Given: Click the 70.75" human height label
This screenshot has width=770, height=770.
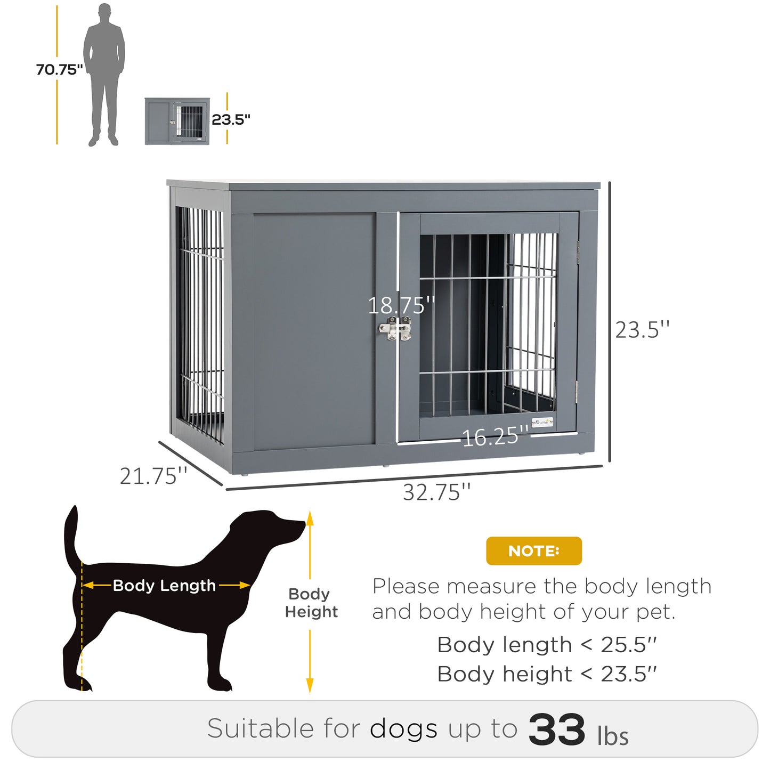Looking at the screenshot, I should point(59,69).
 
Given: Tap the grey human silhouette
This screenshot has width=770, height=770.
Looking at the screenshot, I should point(104,75).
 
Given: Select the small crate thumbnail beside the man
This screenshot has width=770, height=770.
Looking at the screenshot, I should point(177,121).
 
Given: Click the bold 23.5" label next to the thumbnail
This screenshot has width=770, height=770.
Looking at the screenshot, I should point(231,119).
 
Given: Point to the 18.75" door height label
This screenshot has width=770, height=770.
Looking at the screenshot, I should point(401,305).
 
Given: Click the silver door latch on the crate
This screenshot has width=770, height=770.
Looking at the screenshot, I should point(395,329).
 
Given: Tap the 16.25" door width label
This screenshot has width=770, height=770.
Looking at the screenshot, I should point(495,437).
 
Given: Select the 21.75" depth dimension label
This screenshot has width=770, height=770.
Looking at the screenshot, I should point(153,476).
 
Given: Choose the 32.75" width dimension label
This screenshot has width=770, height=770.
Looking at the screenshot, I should point(436,492).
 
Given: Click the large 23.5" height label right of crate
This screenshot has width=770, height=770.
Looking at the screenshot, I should point(642,330).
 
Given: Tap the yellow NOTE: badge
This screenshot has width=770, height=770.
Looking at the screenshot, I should point(533,550).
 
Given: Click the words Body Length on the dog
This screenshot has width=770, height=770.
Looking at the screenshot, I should point(164,586).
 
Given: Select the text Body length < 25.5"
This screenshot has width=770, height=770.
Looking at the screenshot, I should point(547,645).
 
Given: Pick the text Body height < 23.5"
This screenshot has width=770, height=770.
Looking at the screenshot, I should point(547,674).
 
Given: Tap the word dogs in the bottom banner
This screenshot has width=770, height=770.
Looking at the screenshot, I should point(403,729).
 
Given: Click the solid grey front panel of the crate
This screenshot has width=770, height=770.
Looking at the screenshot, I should point(314,330).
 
